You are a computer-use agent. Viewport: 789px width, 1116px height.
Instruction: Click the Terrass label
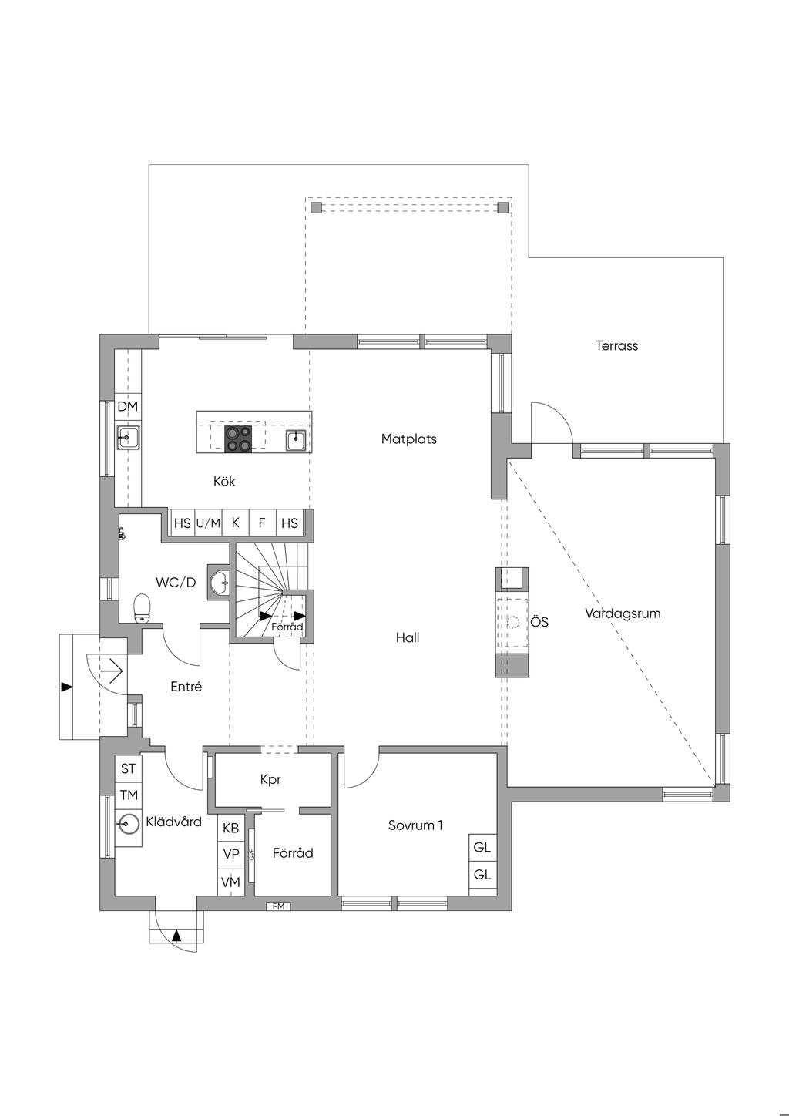tap(616, 346)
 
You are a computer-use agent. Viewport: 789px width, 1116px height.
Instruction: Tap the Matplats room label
tap(408, 439)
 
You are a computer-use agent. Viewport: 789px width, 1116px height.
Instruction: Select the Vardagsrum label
tap(623, 614)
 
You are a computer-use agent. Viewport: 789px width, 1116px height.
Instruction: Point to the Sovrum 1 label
tap(415, 825)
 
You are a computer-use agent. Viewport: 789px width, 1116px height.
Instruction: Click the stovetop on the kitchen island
tap(238, 439)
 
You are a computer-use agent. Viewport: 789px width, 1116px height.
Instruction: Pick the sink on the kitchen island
tap(296, 440)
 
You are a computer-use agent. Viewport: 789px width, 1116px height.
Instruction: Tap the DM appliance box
tap(127, 406)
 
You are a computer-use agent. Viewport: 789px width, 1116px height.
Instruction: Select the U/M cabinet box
tap(208, 523)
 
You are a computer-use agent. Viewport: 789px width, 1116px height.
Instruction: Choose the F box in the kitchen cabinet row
tap(262, 523)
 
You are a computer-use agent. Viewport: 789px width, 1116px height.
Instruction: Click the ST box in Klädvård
tap(128, 768)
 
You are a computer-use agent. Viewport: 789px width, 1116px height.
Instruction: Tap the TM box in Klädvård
tap(128, 795)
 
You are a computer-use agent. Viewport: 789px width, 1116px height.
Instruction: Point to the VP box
tap(230, 854)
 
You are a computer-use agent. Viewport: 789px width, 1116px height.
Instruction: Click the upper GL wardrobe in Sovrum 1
tap(482, 848)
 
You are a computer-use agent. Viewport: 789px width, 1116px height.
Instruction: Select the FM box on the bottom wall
tap(278, 906)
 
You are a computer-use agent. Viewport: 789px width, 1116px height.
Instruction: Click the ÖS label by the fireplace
tap(539, 622)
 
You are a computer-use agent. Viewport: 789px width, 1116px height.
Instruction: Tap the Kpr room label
tap(270, 780)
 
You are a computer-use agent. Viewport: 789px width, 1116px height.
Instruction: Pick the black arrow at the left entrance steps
tap(67, 686)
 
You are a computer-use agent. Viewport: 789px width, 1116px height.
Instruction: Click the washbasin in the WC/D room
tap(220, 583)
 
